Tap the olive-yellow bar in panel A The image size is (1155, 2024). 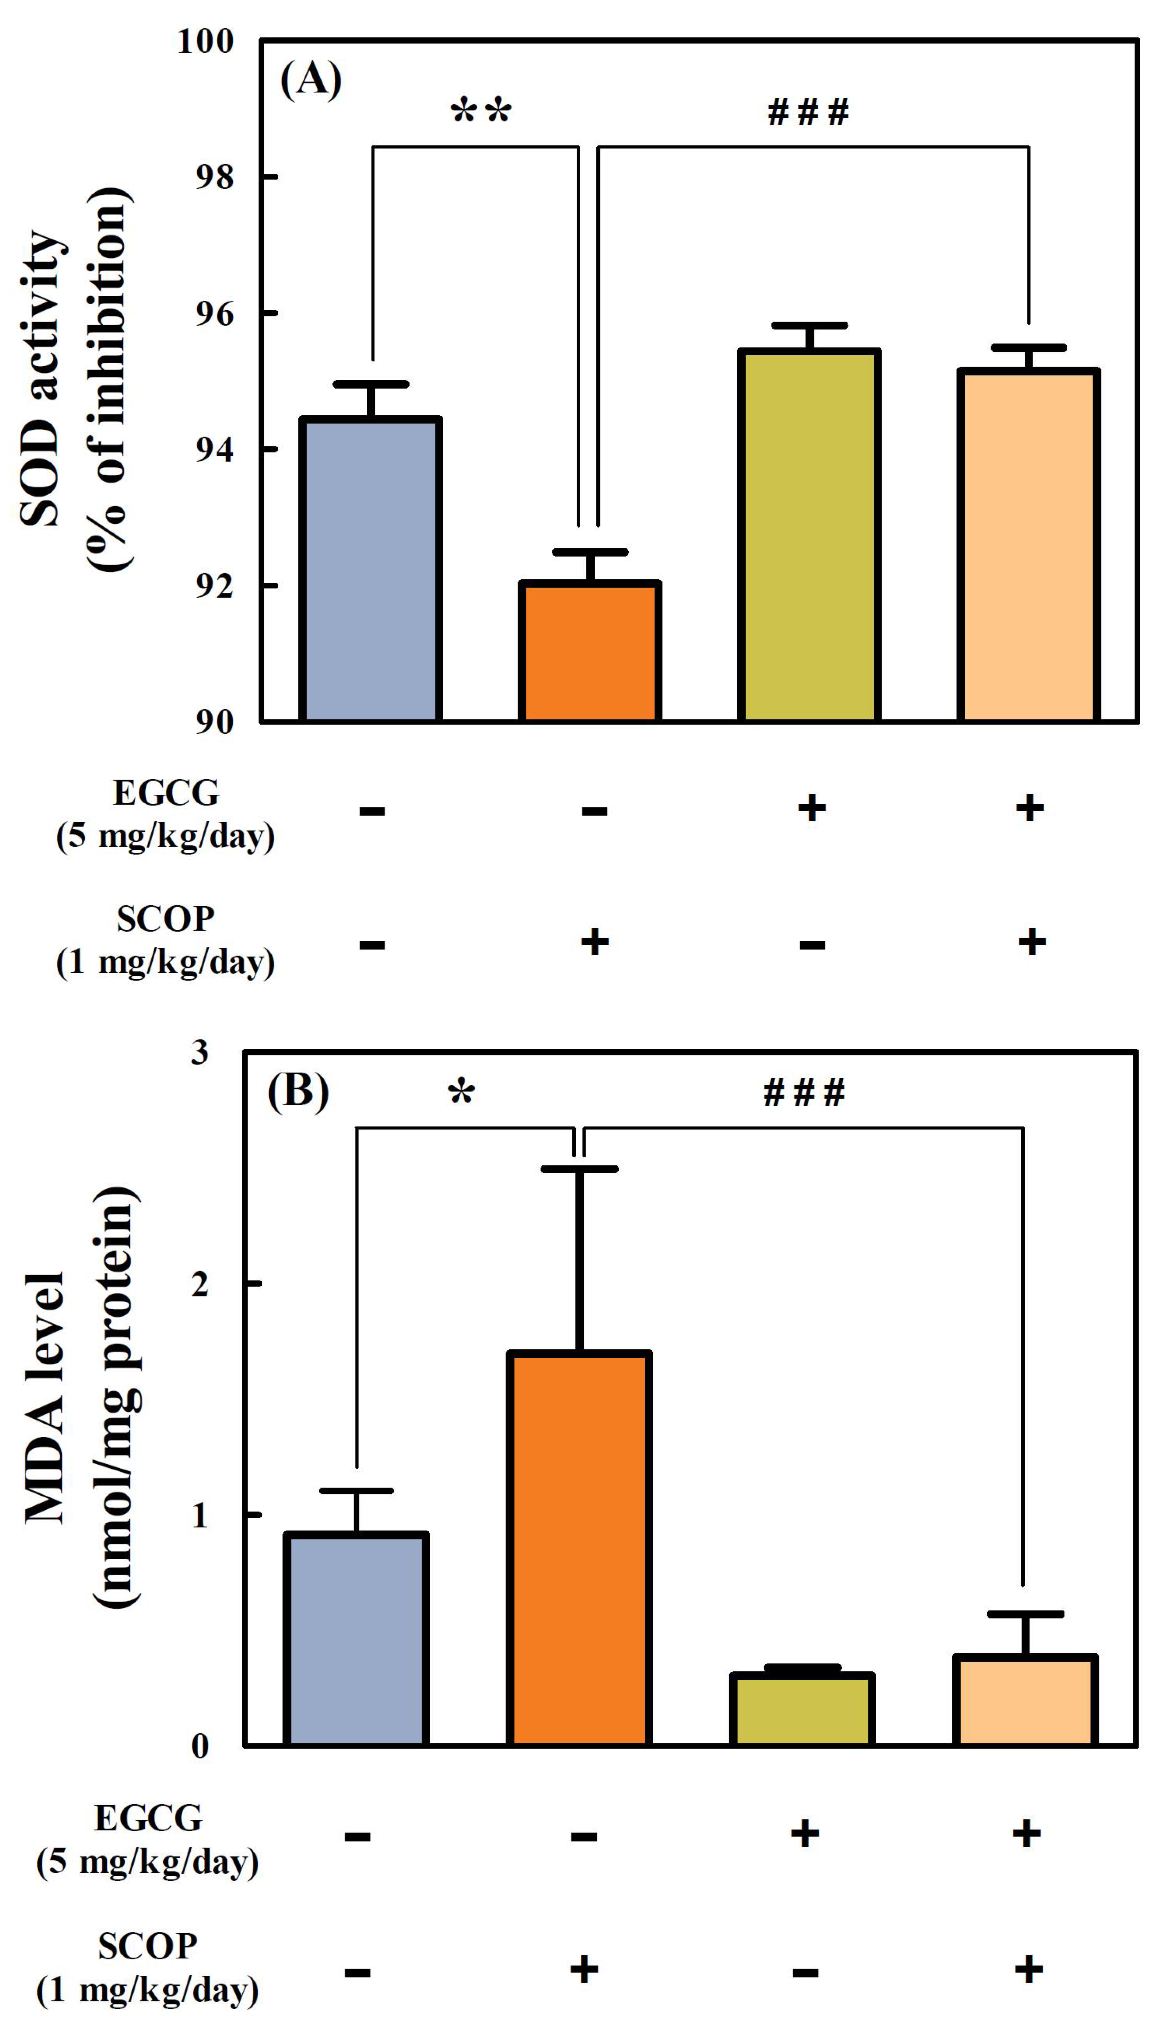tap(809, 535)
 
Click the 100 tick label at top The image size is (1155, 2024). tap(206, 41)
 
